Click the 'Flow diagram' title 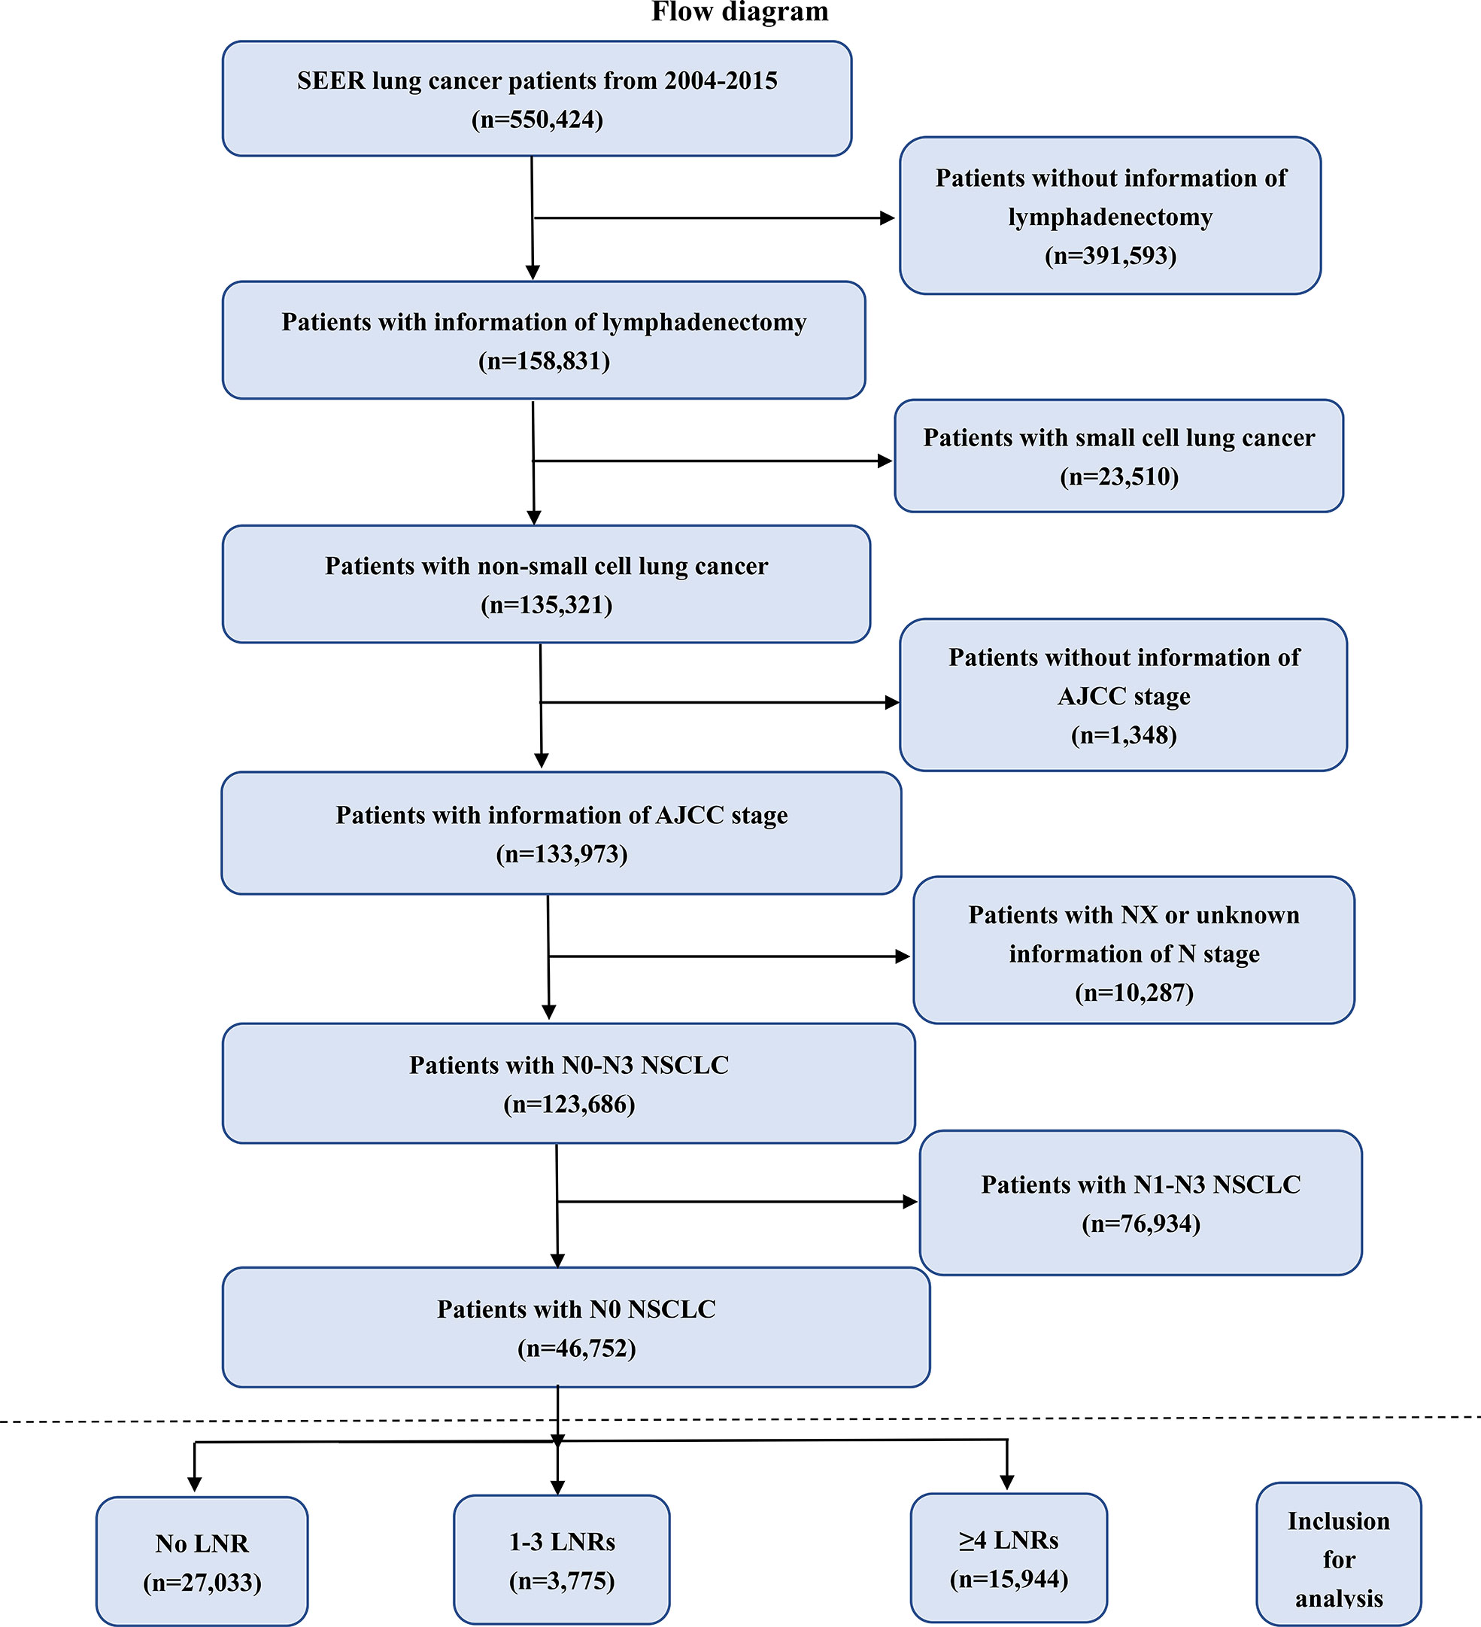coord(739,12)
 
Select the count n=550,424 coord(537,120)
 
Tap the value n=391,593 coord(1110,256)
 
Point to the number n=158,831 coord(545,360)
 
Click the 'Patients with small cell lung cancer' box coord(1118,456)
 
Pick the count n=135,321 coord(547,604)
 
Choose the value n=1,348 coord(1124,735)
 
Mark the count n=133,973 coord(561,854)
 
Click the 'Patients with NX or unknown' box coord(1134,950)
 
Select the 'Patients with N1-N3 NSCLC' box coord(1140,1203)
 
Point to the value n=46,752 coord(577,1348)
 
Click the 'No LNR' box coord(202,1561)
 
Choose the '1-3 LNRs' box coord(561,1559)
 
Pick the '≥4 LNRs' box coord(1009,1558)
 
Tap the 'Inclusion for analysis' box coord(1339,1554)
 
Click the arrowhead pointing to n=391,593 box coord(888,218)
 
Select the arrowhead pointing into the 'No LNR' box coord(194,1483)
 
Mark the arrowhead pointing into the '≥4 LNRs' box coord(1006,1482)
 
